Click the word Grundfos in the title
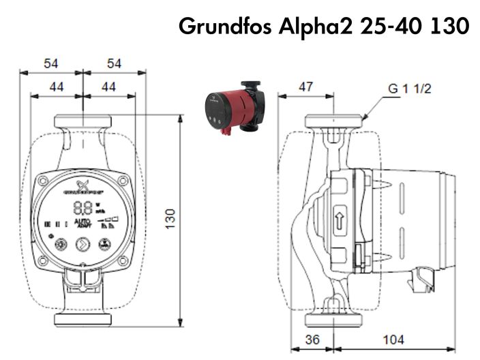point(226,27)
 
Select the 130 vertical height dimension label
point(171,219)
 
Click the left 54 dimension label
point(51,63)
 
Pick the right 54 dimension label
point(114,63)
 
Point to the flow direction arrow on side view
point(339,220)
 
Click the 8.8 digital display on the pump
point(83,207)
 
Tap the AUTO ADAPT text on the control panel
point(82,224)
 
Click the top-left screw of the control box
point(45,181)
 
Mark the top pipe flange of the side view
point(334,122)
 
